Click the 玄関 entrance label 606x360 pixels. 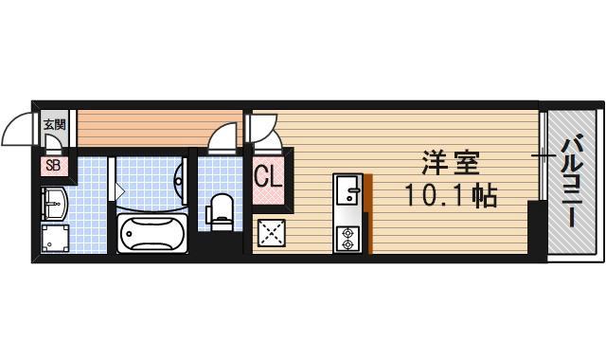coord(53,123)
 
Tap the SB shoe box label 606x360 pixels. coord(52,167)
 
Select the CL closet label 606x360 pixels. coord(267,177)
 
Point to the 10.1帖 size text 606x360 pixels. coord(451,197)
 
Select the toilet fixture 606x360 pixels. coord(221,210)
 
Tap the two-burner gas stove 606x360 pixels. coord(347,238)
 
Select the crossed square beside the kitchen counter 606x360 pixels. coord(273,233)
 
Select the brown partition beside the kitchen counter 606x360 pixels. coord(368,214)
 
